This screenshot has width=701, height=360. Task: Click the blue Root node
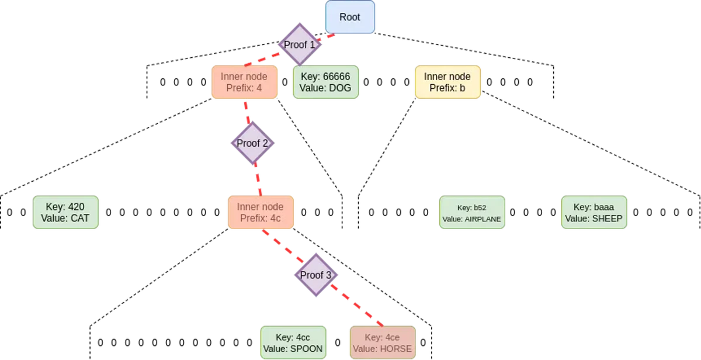click(350, 17)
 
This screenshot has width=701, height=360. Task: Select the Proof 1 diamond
click(300, 44)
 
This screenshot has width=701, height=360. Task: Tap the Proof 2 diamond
click(252, 143)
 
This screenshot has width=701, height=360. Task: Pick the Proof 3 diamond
click(316, 275)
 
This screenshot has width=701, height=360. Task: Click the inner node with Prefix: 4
click(244, 82)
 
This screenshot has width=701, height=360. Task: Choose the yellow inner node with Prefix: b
click(447, 82)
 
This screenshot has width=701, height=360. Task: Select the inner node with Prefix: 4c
click(260, 212)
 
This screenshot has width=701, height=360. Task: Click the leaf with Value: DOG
click(325, 82)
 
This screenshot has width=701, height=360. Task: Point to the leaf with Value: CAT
click(64, 212)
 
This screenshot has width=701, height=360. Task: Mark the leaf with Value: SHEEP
click(594, 212)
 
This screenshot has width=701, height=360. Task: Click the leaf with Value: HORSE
click(383, 343)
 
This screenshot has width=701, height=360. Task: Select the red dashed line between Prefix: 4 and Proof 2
click(248, 112)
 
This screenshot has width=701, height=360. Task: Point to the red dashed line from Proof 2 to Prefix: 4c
click(257, 178)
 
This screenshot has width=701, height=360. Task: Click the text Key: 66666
click(325, 77)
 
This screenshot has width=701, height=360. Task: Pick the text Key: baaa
click(594, 206)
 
